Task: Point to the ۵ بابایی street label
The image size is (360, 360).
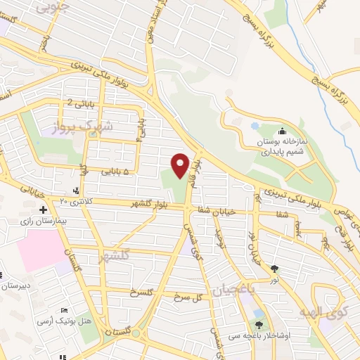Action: pyautogui.click(x=115, y=171)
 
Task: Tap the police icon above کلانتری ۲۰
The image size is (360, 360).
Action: pyautogui.click(x=76, y=191)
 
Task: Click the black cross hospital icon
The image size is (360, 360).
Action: pyautogui.click(x=44, y=210)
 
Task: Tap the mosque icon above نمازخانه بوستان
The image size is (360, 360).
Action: pyautogui.click(x=282, y=131)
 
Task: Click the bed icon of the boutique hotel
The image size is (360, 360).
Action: pyautogui.click(x=65, y=311)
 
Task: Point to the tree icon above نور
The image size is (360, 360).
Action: pyautogui.click(x=274, y=268)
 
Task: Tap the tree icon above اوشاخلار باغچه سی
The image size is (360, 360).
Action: pyautogui.click(x=259, y=325)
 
